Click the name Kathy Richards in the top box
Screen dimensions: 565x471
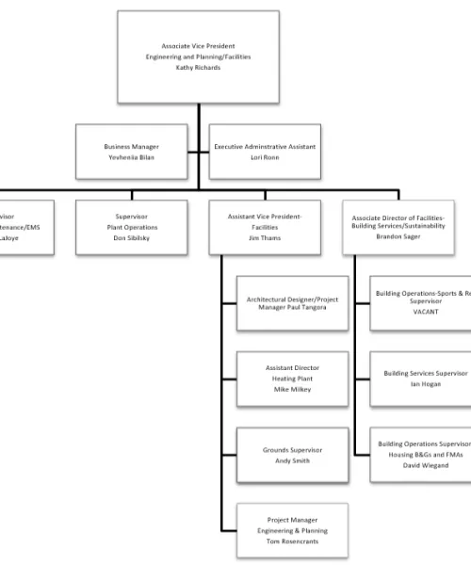coord(198,69)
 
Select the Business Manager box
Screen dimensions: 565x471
coord(131,153)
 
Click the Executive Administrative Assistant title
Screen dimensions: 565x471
coord(265,147)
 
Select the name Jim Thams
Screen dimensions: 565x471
coord(265,239)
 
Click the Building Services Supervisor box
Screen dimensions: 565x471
coord(419,379)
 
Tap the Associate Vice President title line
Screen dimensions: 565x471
coord(198,45)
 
